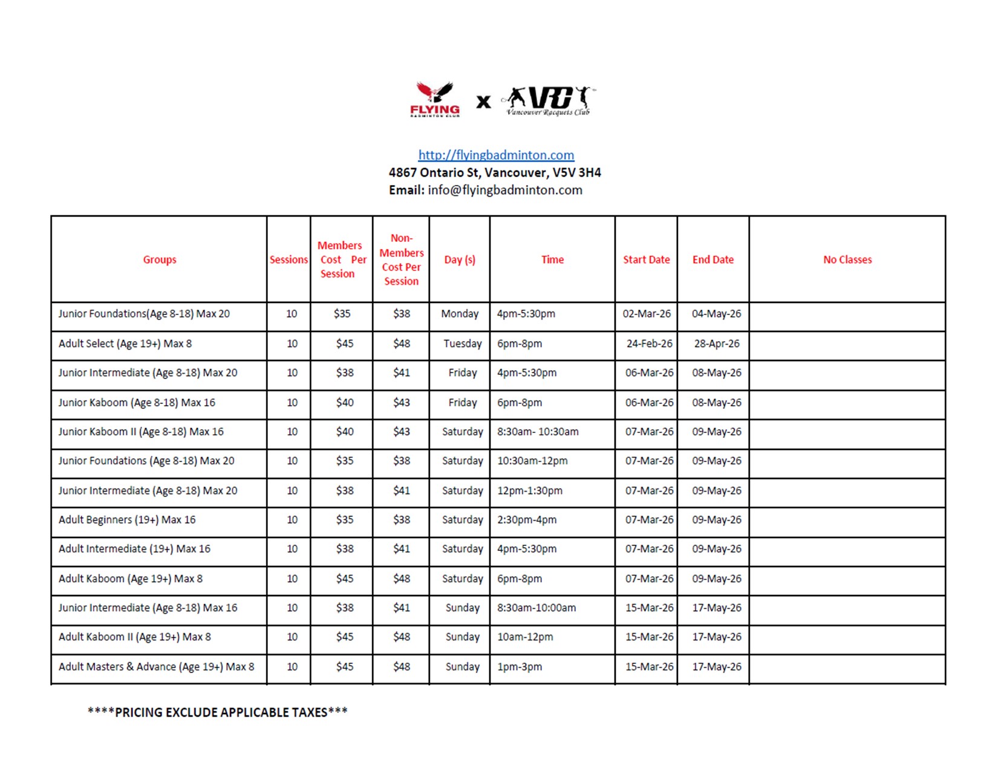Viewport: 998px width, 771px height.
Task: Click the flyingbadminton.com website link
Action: click(x=496, y=155)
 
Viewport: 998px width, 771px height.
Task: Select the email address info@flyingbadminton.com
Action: click(x=505, y=190)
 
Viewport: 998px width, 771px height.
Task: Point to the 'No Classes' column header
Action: click(x=847, y=259)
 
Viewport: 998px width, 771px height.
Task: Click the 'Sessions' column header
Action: click(x=289, y=259)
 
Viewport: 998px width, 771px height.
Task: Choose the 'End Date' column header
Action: click(x=713, y=259)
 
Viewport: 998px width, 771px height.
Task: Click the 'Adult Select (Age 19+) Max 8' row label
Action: click(x=125, y=343)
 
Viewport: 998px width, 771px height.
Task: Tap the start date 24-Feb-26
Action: click(x=649, y=343)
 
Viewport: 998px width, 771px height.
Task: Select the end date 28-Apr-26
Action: click(x=716, y=343)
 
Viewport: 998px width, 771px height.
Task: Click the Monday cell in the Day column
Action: click(x=460, y=314)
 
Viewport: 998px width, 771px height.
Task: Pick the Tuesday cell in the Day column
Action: click(x=462, y=343)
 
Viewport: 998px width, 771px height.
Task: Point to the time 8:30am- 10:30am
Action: click(x=538, y=432)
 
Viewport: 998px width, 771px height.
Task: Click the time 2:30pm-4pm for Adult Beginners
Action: click(x=527, y=519)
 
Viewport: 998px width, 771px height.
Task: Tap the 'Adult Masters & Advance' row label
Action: click(x=156, y=666)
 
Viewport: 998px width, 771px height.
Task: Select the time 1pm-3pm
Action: click(x=520, y=666)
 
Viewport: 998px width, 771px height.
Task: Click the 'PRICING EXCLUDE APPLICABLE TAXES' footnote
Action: click(x=218, y=712)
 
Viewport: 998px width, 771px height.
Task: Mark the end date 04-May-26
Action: click(x=716, y=314)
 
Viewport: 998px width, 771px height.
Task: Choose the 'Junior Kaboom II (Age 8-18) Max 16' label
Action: click(x=141, y=432)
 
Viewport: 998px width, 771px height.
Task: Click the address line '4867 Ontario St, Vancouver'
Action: click(x=495, y=172)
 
